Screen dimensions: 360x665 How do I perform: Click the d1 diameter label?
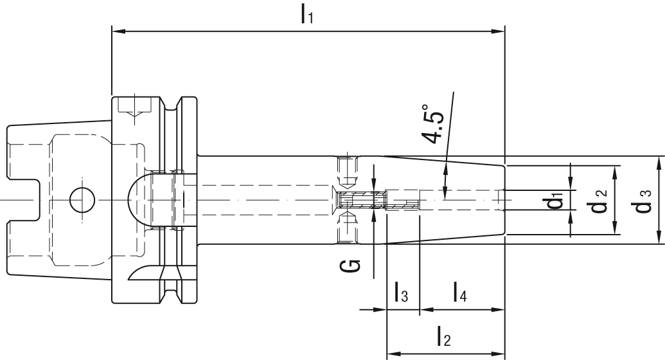pyautogui.click(x=556, y=203)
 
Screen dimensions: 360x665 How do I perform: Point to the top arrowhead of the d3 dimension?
pyautogui.click(x=661, y=160)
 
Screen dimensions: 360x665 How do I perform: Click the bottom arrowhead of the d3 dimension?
pyautogui.click(x=661, y=240)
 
